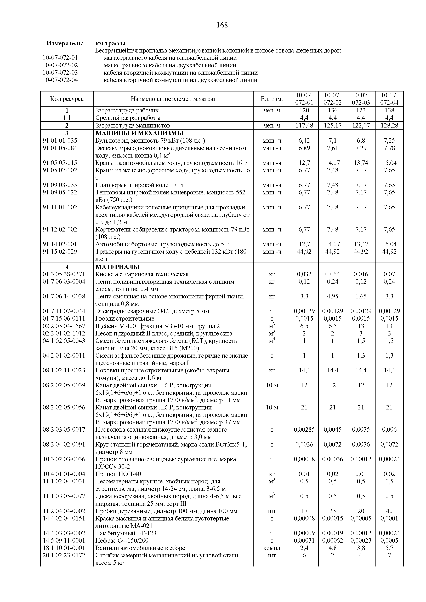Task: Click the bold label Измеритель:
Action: tap(65, 43)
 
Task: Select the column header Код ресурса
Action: tap(67, 99)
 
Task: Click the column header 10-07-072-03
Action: tap(361, 99)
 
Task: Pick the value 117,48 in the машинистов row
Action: tap(304, 126)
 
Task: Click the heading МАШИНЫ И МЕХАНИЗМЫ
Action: tap(139, 133)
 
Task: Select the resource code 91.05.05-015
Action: tap(60, 163)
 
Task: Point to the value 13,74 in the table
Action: tap(361, 163)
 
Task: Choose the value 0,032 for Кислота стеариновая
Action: tap(304, 274)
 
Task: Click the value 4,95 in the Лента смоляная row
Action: tap(332, 297)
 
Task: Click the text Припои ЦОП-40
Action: tap(118, 474)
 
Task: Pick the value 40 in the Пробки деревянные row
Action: tap(389, 511)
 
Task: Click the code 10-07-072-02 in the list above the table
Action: tap(60, 65)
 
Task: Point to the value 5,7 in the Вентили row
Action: tap(389, 548)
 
